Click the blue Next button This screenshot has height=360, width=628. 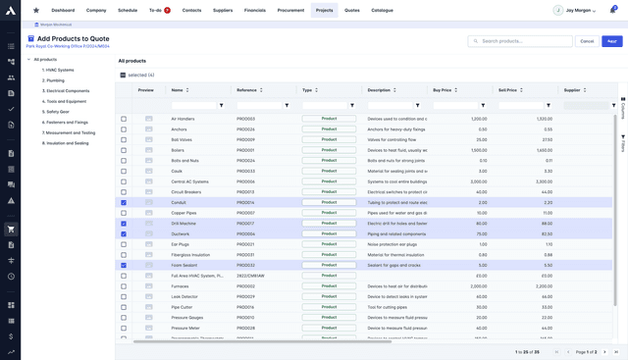tap(611, 41)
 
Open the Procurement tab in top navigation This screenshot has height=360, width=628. tap(290, 10)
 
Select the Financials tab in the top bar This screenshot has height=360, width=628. tap(254, 10)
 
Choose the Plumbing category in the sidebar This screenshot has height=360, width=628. tap(55, 80)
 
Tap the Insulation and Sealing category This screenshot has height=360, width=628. tap(67, 143)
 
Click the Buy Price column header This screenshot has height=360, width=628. tap(443, 90)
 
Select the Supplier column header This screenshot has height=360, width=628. tap(572, 90)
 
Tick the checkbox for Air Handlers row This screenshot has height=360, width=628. tap(124, 119)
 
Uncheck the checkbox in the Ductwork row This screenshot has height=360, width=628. tap(124, 233)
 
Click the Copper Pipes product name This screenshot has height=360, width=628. tap(184, 213)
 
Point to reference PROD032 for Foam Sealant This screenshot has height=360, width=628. tap(245, 265)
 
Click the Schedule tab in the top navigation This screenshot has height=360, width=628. tap(128, 10)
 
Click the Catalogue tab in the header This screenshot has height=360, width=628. tap(382, 10)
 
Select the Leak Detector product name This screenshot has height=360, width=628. tap(184, 296)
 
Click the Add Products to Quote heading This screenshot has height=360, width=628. tap(73, 38)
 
